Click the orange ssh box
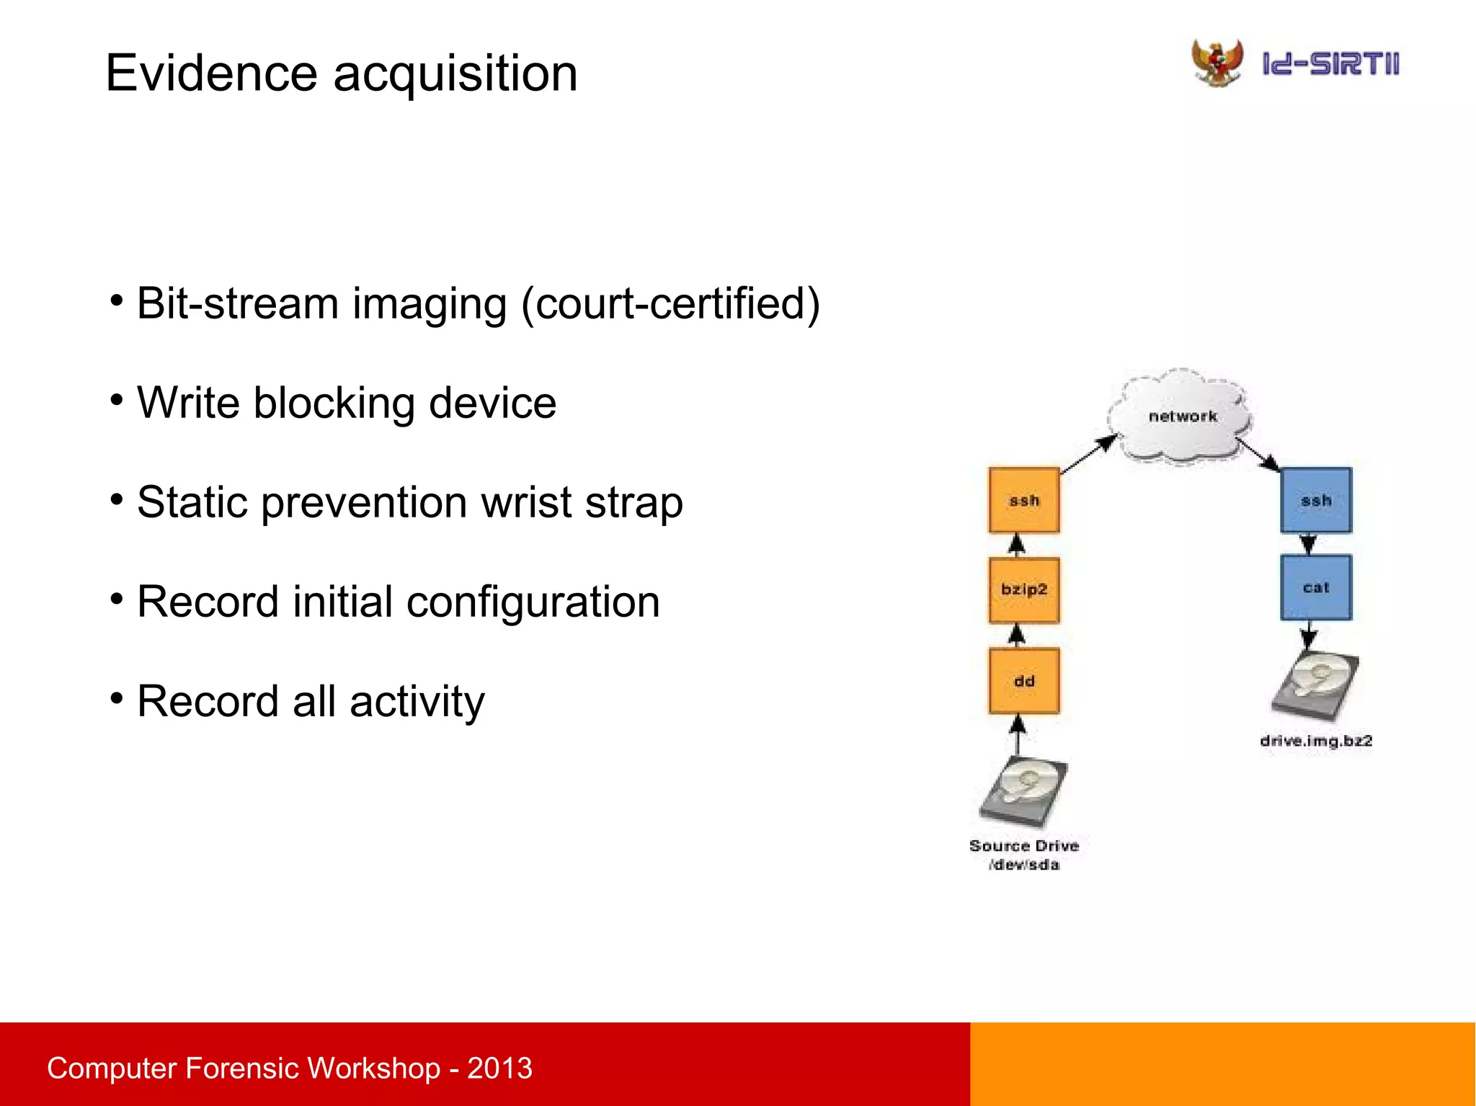1024,500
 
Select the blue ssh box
1316,500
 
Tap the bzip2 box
1024,589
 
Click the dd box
1024,681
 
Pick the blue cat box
1316,587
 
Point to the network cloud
1182,416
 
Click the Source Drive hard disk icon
1024,793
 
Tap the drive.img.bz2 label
1316,741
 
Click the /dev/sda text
1024,865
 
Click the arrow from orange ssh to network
1088,455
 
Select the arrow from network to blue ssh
1258,455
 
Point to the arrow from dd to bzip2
1017,635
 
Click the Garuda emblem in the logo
1217,63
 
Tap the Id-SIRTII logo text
1330,64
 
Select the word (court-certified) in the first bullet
670,303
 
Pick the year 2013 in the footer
499,1068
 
